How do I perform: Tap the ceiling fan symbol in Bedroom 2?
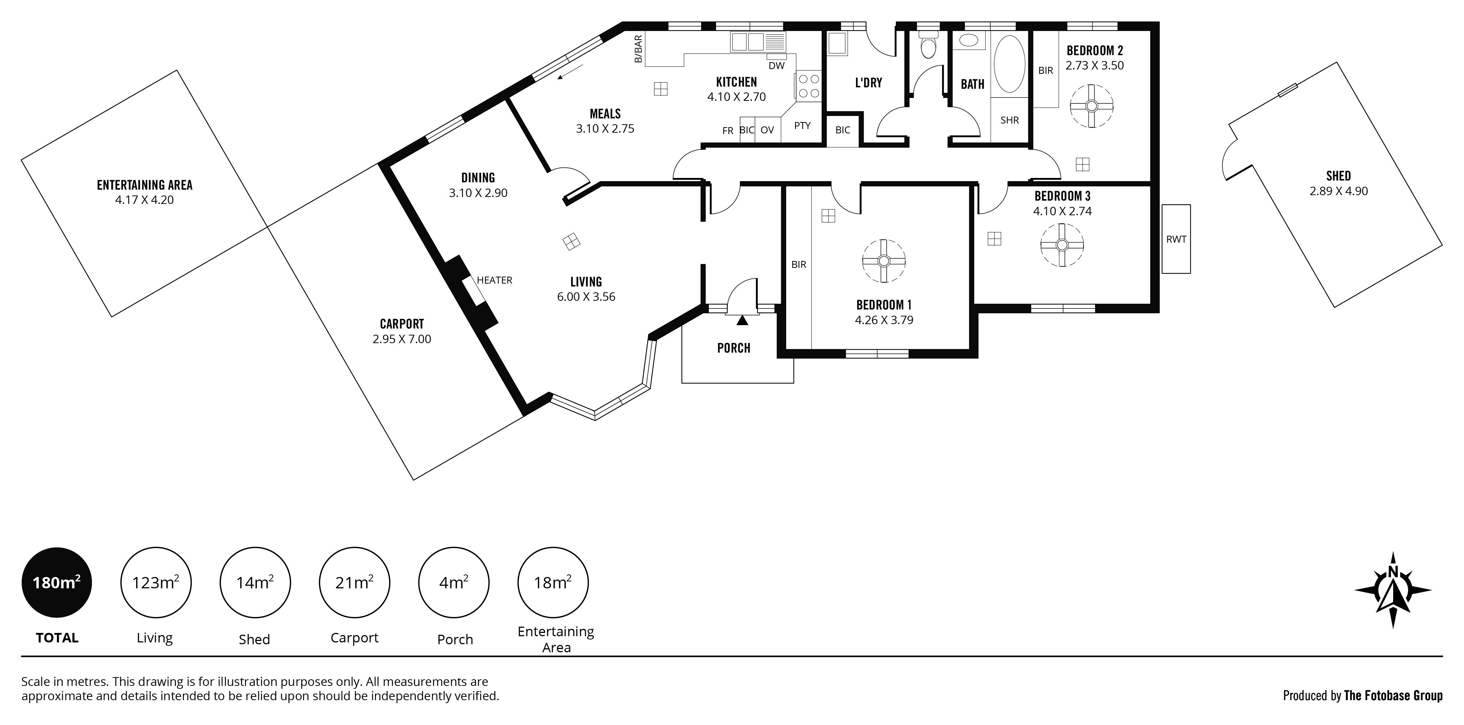(1091, 106)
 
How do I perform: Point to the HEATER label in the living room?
(494, 280)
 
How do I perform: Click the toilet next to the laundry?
(928, 45)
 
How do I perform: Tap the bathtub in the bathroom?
(1009, 64)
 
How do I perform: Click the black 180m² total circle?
(56, 583)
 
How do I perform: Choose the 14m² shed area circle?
(255, 583)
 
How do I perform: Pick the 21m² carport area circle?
(355, 583)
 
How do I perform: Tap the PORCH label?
(734, 348)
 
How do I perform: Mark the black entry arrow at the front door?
(742, 321)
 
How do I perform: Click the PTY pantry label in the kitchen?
(802, 126)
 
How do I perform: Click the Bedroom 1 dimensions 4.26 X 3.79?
(884, 320)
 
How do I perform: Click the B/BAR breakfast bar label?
(638, 49)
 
